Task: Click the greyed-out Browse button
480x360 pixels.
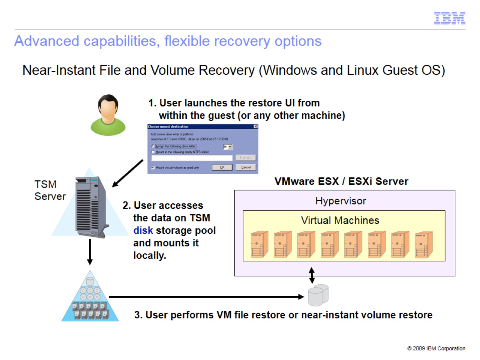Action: click(245, 157)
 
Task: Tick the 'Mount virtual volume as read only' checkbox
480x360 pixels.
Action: click(153, 167)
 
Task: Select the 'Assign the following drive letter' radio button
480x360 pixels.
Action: click(153, 146)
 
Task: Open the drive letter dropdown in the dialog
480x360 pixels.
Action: click(230, 147)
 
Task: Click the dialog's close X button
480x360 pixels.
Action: click(256, 127)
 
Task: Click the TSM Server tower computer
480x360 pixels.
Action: click(91, 207)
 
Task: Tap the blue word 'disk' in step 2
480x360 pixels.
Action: click(143, 230)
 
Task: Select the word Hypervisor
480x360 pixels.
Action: click(340, 201)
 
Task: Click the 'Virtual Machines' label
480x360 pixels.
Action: click(340, 220)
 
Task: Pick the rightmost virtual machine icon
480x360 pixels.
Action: click(423, 245)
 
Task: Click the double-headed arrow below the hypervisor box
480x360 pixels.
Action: click(312, 275)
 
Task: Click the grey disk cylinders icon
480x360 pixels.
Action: click(318, 295)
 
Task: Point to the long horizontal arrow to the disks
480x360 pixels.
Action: click(204, 297)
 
